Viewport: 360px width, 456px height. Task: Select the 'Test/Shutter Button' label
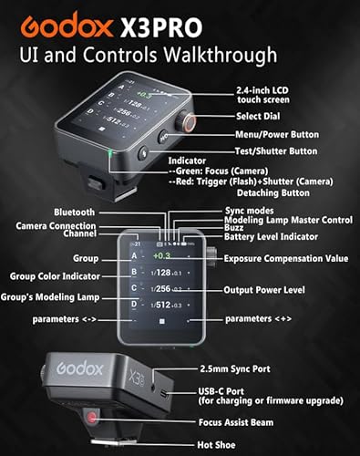pos(284,150)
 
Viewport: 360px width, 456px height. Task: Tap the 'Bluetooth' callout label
pos(74,212)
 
